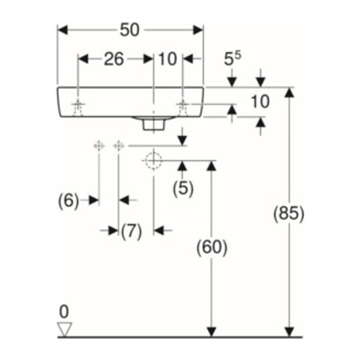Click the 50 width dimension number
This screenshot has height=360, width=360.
click(129, 30)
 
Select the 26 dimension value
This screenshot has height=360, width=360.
click(114, 59)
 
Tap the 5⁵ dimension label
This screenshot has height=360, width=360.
click(232, 59)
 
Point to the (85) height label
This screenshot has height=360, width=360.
click(289, 214)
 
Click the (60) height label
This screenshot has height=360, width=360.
click(212, 248)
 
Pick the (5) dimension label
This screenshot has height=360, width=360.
click(183, 189)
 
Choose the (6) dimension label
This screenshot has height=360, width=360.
click(68, 201)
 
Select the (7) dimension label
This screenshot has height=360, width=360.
click(132, 231)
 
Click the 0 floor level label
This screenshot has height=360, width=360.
click(64, 312)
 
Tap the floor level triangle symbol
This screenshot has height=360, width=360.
click(65, 329)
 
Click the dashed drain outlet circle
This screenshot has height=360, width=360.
click(154, 161)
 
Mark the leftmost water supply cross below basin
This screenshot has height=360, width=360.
click(99, 146)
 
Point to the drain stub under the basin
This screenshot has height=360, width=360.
click(154, 125)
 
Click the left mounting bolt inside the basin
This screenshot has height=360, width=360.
click(78, 107)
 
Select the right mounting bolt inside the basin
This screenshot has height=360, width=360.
click(182, 107)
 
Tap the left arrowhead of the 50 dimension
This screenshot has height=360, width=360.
click(62, 30)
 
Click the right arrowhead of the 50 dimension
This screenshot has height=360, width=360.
click(198, 30)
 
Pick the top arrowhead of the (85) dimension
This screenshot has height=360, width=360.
click(289, 93)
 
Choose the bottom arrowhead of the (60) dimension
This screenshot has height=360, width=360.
click(212, 332)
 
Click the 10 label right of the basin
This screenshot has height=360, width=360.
click(260, 101)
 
